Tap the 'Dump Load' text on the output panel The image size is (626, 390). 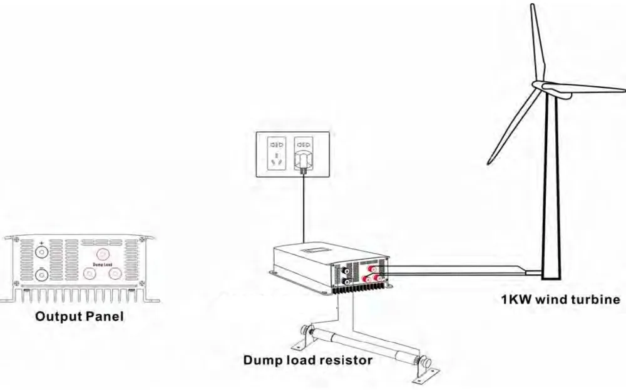pyautogui.click(x=102, y=264)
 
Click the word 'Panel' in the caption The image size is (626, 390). pyautogui.click(x=104, y=316)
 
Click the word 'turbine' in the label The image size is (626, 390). pyautogui.click(x=595, y=299)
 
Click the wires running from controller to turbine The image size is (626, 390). pyautogui.click(x=463, y=269)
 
